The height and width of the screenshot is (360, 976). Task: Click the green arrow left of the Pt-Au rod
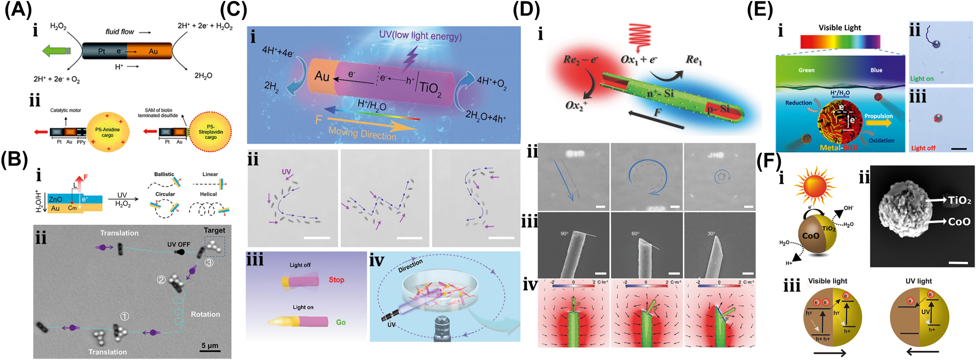pos(56,51)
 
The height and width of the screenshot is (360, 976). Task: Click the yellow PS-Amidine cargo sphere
pos(107,132)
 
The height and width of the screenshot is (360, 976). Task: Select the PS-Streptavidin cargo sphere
pos(210,132)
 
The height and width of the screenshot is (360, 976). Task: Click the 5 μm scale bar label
pos(210,346)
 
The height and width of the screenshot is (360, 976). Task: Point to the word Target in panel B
pos(214,230)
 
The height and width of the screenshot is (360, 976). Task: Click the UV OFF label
pos(179,244)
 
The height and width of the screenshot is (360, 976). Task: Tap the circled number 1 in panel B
pos(125,317)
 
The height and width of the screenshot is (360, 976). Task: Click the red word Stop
pos(336,280)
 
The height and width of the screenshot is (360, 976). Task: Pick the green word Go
pos(340,322)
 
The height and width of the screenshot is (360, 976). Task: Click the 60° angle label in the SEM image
pos(635,234)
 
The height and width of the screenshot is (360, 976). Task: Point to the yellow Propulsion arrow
pos(878,123)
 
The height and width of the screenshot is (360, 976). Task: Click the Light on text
pos(922,79)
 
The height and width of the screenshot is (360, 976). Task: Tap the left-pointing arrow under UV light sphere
pos(922,351)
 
